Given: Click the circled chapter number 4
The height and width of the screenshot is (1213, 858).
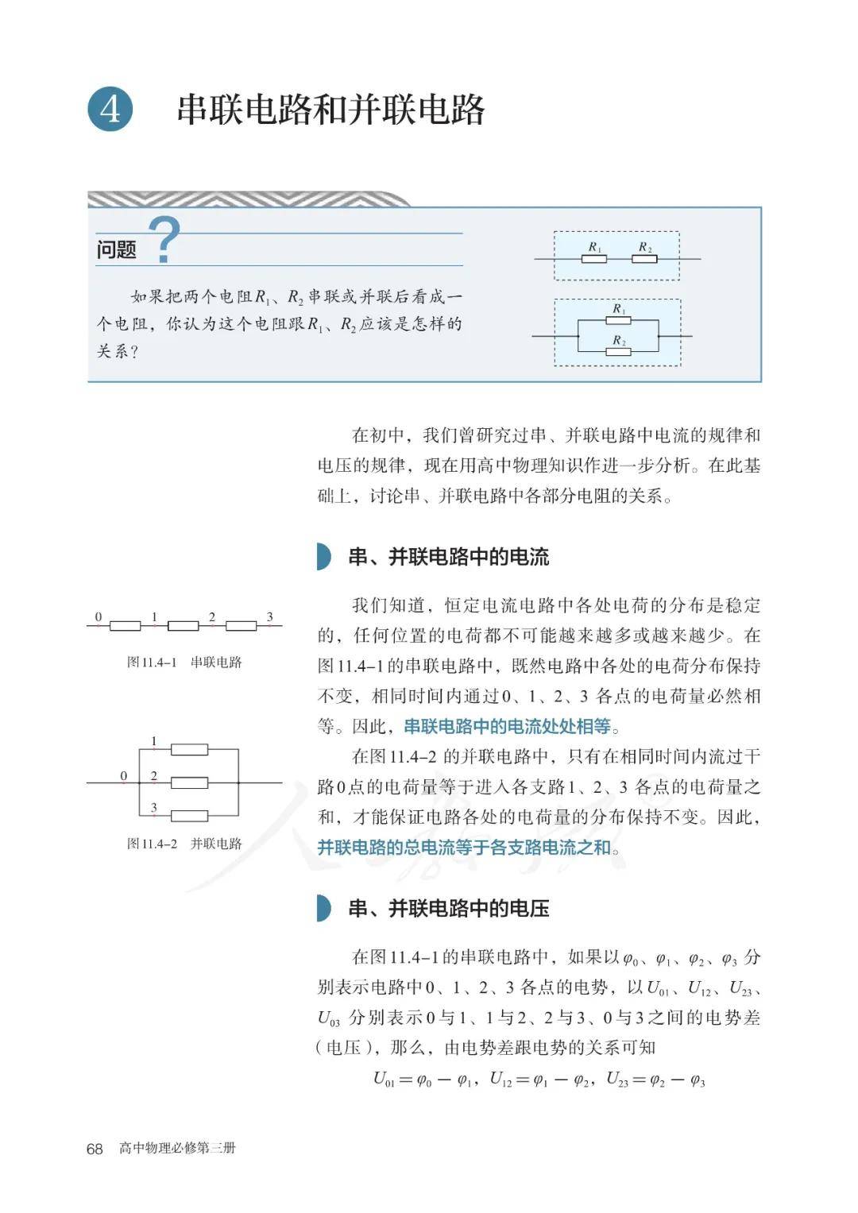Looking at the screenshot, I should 110,109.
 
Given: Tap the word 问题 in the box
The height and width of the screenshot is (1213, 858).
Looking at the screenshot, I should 116,249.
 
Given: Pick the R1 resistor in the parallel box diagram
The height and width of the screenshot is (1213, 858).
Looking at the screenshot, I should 618,320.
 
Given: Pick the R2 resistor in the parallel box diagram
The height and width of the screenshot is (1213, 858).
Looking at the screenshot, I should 618,351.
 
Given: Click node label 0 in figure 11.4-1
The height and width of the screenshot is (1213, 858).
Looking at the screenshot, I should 99,616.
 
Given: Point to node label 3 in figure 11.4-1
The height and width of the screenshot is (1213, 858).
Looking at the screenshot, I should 269,616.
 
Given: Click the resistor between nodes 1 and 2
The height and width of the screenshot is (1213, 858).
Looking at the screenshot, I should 183,626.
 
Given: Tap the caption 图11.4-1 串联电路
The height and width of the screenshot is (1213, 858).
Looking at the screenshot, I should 184,662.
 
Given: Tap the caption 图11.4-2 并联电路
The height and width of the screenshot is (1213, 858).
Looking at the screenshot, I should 184,843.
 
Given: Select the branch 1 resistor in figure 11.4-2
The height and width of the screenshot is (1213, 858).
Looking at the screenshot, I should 190,749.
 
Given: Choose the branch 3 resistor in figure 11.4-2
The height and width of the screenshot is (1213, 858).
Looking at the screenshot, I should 190,815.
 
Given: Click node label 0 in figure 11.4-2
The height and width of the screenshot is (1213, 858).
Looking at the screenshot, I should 124,775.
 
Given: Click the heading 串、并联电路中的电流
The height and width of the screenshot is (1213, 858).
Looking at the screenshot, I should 448,557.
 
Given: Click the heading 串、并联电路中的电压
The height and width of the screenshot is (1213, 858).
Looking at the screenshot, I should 448,908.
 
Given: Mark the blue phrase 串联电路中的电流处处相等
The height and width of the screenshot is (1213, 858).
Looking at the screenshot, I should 508,726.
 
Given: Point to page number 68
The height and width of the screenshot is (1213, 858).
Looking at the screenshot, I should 95,1149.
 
